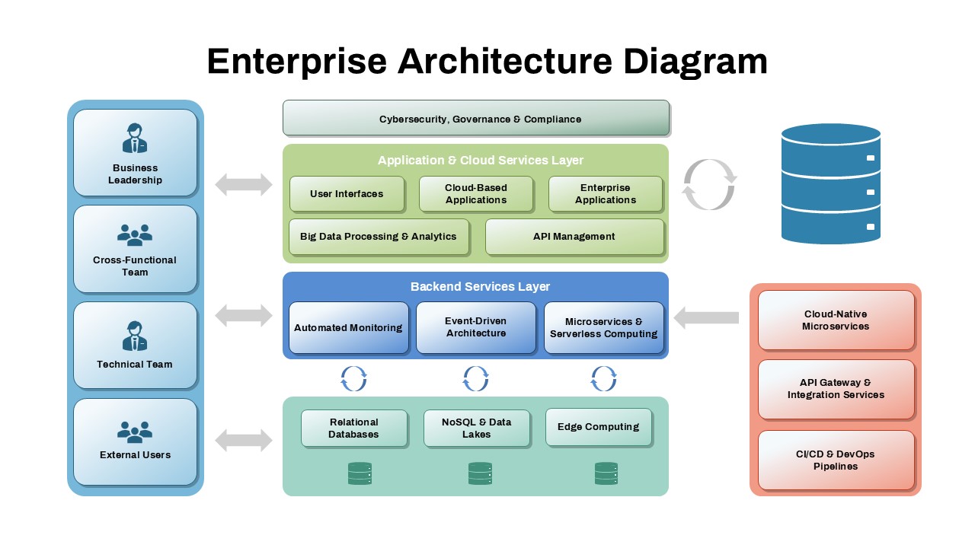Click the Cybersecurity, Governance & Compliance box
(x=476, y=119)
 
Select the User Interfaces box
(x=347, y=194)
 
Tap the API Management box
(x=574, y=237)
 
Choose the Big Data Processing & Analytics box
(x=379, y=237)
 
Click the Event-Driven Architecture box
(x=476, y=328)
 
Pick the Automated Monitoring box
(x=348, y=328)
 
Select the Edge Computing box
(x=599, y=427)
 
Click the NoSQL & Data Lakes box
(x=477, y=428)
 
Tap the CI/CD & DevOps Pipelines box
(x=836, y=460)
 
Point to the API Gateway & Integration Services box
(x=836, y=389)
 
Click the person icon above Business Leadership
(x=135, y=139)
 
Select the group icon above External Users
(x=135, y=432)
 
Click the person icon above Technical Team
(x=135, y=336)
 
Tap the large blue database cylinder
(x=830, y=184)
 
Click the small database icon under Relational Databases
(x=360, y=473)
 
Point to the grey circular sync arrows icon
(x=709, y=184)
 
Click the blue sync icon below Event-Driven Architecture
(x=476, y=378)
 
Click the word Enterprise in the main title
(x=296, y=62)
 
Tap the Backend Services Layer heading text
(x=480, y=287)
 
